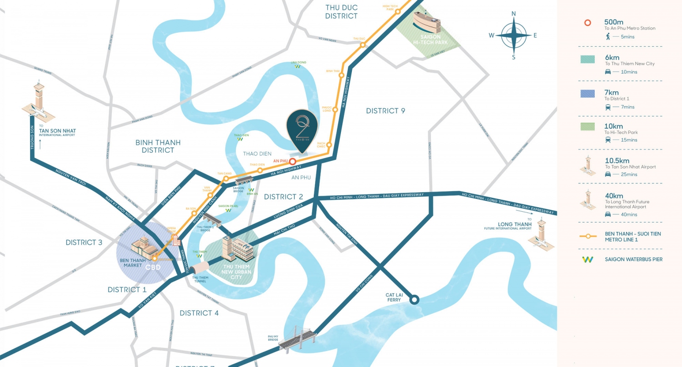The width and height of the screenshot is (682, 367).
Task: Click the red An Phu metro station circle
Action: tap(293, 161)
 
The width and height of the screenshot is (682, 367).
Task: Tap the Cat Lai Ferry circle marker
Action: tap(414, 300)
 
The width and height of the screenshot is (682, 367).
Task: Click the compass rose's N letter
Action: tap(514, 14)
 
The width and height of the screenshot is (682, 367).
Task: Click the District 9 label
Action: tap(385, 111)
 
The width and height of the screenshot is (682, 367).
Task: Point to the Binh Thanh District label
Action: tap(158, 146)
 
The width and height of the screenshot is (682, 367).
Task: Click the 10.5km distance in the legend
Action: tap(617, 160)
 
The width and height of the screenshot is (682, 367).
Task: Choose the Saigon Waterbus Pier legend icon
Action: tap(588, 259)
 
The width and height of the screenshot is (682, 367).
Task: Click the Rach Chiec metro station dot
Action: tap(329, 145)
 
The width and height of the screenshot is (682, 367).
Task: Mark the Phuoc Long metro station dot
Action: tap(335, 109)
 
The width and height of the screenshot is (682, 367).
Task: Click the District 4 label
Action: tap(199, 313)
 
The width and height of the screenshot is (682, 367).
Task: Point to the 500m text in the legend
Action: tap(613, 22)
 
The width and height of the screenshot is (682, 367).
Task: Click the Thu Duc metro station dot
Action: tap(363, 45)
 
